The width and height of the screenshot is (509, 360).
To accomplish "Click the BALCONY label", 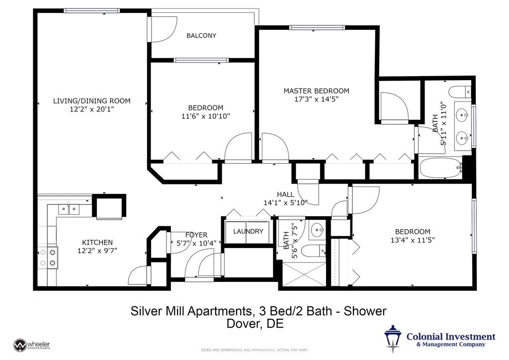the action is pyautogui.click(x=201, y=36).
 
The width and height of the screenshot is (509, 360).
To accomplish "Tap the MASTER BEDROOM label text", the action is pyautogui.click(x=317, y=91).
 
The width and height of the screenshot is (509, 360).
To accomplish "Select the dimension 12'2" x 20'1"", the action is pyautogui.click(x=92, y=109).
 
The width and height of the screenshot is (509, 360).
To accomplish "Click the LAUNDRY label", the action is pyautogui.click(x=248, y=231).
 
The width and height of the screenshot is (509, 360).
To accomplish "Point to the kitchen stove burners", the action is pyautogui.click(x=48, y=258).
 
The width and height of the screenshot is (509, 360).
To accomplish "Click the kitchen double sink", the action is pyautogui.click(x=69, y=209).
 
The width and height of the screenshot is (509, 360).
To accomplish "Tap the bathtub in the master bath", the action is pyautogui.click(x=440, y=168).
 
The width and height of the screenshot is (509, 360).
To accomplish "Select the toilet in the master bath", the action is pyautogui.click(x=460, y=91).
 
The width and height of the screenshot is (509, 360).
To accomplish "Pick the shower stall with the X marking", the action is pyautogui.click(x=305, y=274).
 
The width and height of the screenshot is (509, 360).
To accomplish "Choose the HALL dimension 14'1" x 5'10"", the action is pyautogui.click(x=286, y=203).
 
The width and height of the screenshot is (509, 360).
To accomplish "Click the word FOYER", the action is pyautogui.click(x=196, y=235).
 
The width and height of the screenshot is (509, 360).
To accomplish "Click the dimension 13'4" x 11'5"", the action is pyautogui.click(x=413, y=240).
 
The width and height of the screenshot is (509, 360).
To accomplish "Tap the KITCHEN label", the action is pyautogui.click(x=97, y=243).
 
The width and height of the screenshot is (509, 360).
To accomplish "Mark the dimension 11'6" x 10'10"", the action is pyautogui.click(x=206, y=116).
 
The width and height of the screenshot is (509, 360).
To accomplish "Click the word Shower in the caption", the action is pyautogui.click(x=365, y=311).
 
